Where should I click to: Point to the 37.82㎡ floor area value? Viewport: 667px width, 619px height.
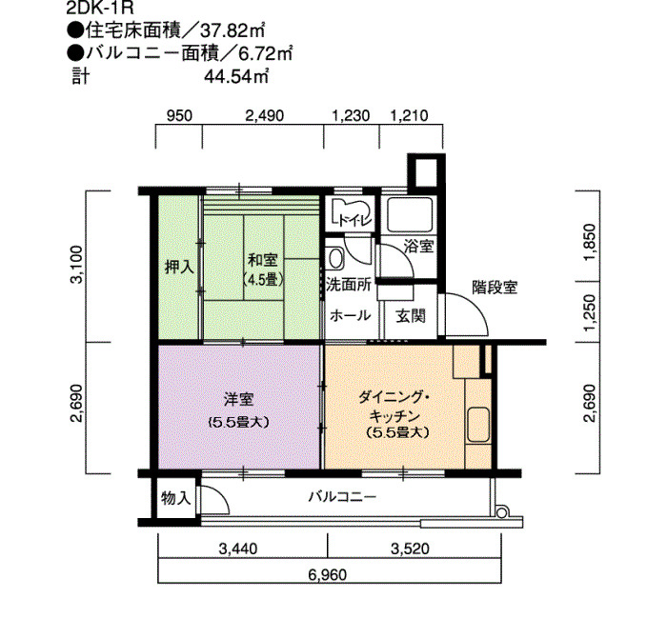[x=233, y=31]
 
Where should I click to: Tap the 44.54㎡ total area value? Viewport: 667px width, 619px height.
[x=236, y=77]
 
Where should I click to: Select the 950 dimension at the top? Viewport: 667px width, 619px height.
[x=179, y=115]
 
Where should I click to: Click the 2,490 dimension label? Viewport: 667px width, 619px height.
[x=264, y=115]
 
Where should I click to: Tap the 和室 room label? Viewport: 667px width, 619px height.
[x=263, y=260]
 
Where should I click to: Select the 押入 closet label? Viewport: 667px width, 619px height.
[x=179, y=267]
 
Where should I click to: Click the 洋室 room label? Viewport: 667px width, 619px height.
[x=239, y=400]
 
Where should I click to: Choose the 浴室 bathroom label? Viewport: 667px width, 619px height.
[x=418, y=247]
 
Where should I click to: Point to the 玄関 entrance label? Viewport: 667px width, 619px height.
[x=411, y=316]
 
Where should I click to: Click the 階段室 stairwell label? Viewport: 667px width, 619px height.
[x=495, y=288]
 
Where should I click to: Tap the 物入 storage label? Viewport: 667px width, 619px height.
[x=175, y=498]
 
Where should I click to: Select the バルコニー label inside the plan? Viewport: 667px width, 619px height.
[x=342, y=496]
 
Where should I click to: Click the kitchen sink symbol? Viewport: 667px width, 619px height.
[x=478, y=426]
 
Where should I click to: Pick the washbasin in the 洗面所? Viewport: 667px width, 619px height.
[x=335, y=258]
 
